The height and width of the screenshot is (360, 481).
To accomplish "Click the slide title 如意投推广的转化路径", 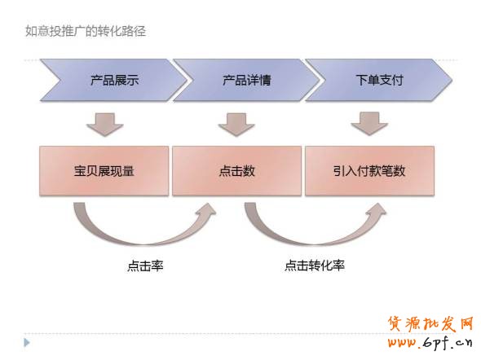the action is pyautogui.click(x=86, y=31).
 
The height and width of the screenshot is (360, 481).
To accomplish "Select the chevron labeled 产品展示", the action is pyautogui.click(x=113, y=80).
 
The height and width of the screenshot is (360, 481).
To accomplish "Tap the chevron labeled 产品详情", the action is pyautogui.click(x=246, y=80).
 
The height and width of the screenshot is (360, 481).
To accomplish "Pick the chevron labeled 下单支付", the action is pyautogui.click(x=379, y=80).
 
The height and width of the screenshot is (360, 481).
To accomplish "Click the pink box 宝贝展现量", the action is pyautogui.click(x=104, y=171).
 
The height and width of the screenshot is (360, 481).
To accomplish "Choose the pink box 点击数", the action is pyautogui.click(x=236, y=171).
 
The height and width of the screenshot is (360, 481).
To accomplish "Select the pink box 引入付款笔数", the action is pyautogui.click(x=369, y=171).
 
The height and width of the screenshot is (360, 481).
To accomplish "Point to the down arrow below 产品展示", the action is pyautogui.click(x=105, y=125).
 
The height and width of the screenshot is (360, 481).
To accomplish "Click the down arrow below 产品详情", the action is pyautogui.click(x=236, y=125).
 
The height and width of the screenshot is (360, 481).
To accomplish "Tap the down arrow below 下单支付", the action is pyautogui.click(x=369, y=124).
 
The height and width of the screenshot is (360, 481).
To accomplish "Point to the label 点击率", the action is pyautogui.click(x=145, y=266).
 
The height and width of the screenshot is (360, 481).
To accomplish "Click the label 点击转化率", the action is pyautogui.click(x=315, y=266).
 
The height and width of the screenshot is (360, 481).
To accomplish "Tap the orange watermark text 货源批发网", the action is pyautogui.click(x=430, y=324).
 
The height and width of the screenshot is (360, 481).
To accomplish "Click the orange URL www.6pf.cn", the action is pyautogui.click(x=430, y=342).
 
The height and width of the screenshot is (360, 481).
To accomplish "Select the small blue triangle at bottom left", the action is pyautogui.click(x=27, y=343).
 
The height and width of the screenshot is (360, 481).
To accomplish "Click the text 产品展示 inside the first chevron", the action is pyautogui.click(x=115, y=81).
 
